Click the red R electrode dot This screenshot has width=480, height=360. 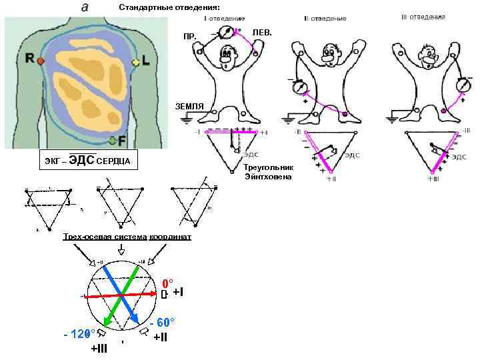[41, 61]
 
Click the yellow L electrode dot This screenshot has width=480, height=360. [136, 62]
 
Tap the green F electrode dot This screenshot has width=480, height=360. [113, 140]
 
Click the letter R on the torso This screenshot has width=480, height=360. [30, 59]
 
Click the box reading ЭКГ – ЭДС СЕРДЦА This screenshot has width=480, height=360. [87, 161]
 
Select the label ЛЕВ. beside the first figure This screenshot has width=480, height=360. [263, 31]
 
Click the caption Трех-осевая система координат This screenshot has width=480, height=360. [127, 237]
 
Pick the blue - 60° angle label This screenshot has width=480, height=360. [162, 322]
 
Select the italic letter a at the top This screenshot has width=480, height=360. [85, 7]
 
